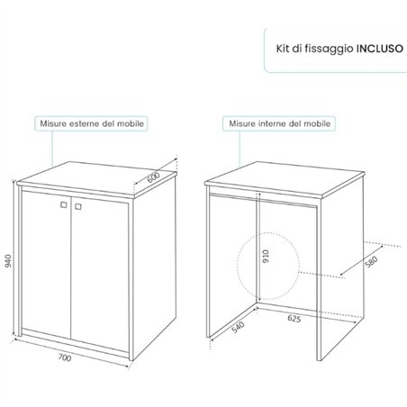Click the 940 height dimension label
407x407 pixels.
point(8,260)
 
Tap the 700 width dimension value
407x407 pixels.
point(65,357)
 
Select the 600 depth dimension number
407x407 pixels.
point(153,177)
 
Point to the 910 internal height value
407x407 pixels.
point(266,256)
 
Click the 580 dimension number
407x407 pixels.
point(371,261)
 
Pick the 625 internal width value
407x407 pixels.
point(294,318)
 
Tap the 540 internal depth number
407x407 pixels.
point(239,327)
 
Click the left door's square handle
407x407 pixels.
point(63,204)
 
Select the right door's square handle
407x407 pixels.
point(78,206)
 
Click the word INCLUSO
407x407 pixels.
point(380,49)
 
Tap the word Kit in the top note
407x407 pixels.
point(283,49)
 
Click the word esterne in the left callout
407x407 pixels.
point(85,123)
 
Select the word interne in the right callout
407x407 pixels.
point(272,123)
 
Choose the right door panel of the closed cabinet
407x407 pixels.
point(100,273)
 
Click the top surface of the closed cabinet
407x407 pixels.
point(96,178)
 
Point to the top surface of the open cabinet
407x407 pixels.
point(285,179)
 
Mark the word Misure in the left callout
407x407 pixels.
point(53,123)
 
